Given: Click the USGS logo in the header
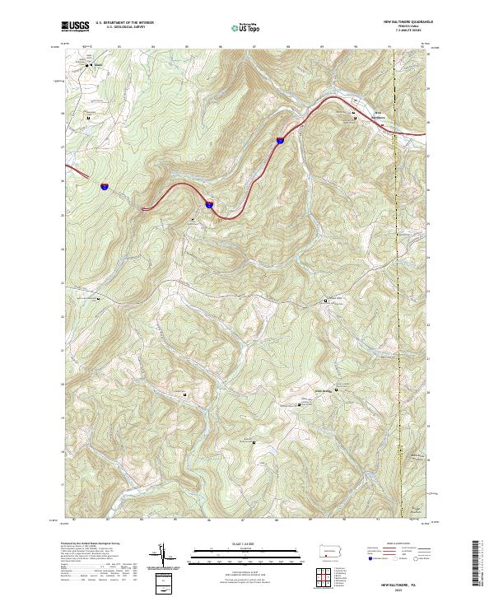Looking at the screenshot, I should (76, 26).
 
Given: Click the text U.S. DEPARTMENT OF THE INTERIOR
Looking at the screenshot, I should (125, 23).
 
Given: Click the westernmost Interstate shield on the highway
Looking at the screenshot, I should (105, 187).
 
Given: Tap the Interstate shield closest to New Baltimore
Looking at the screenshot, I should (280, 140).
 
